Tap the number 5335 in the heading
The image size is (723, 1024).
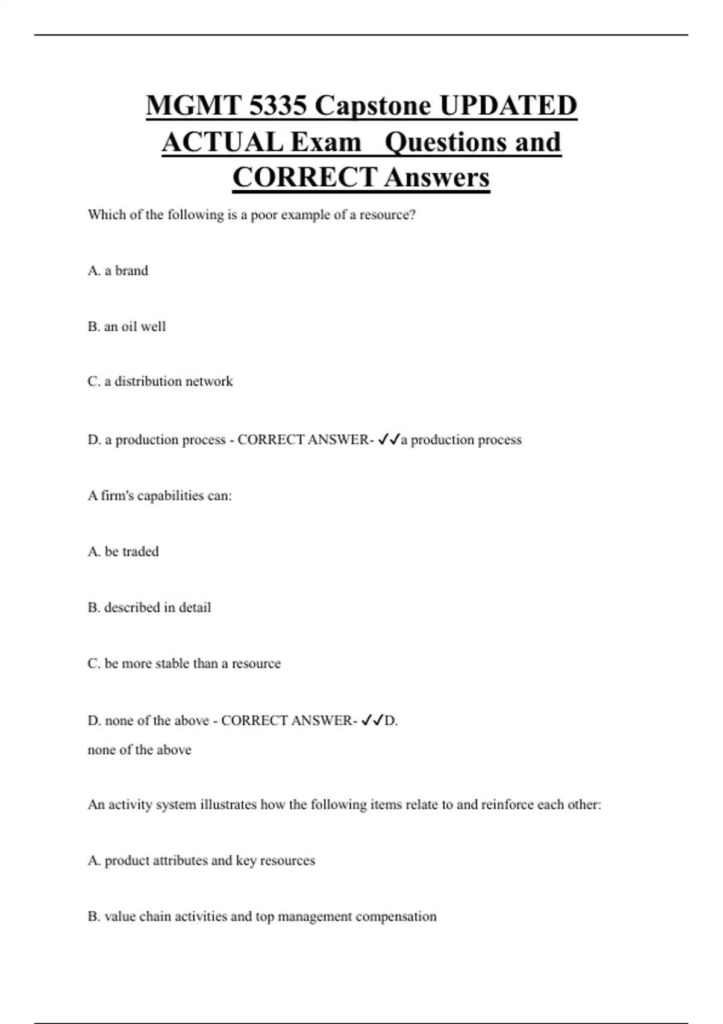click(277, 106)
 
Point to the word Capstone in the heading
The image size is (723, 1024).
click(373, 106)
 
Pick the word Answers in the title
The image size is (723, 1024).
click(437, 178)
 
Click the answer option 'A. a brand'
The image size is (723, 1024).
click(117, 270)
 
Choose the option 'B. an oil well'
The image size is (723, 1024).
click(127, 326)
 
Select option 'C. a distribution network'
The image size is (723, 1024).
click(160, 381)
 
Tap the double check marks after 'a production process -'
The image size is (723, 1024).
click(389, 440)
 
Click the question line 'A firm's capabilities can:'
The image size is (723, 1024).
click(160, 496)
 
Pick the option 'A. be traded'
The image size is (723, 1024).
click(123, 552)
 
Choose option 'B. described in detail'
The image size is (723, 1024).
click(149, 608)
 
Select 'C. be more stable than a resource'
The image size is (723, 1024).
click(184, 664)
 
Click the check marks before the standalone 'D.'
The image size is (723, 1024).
click(372, 721)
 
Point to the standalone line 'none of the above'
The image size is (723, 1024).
click(139, 750)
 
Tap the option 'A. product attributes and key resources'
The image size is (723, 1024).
click(201, 861)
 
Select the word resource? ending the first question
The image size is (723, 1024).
click(387, 215)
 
